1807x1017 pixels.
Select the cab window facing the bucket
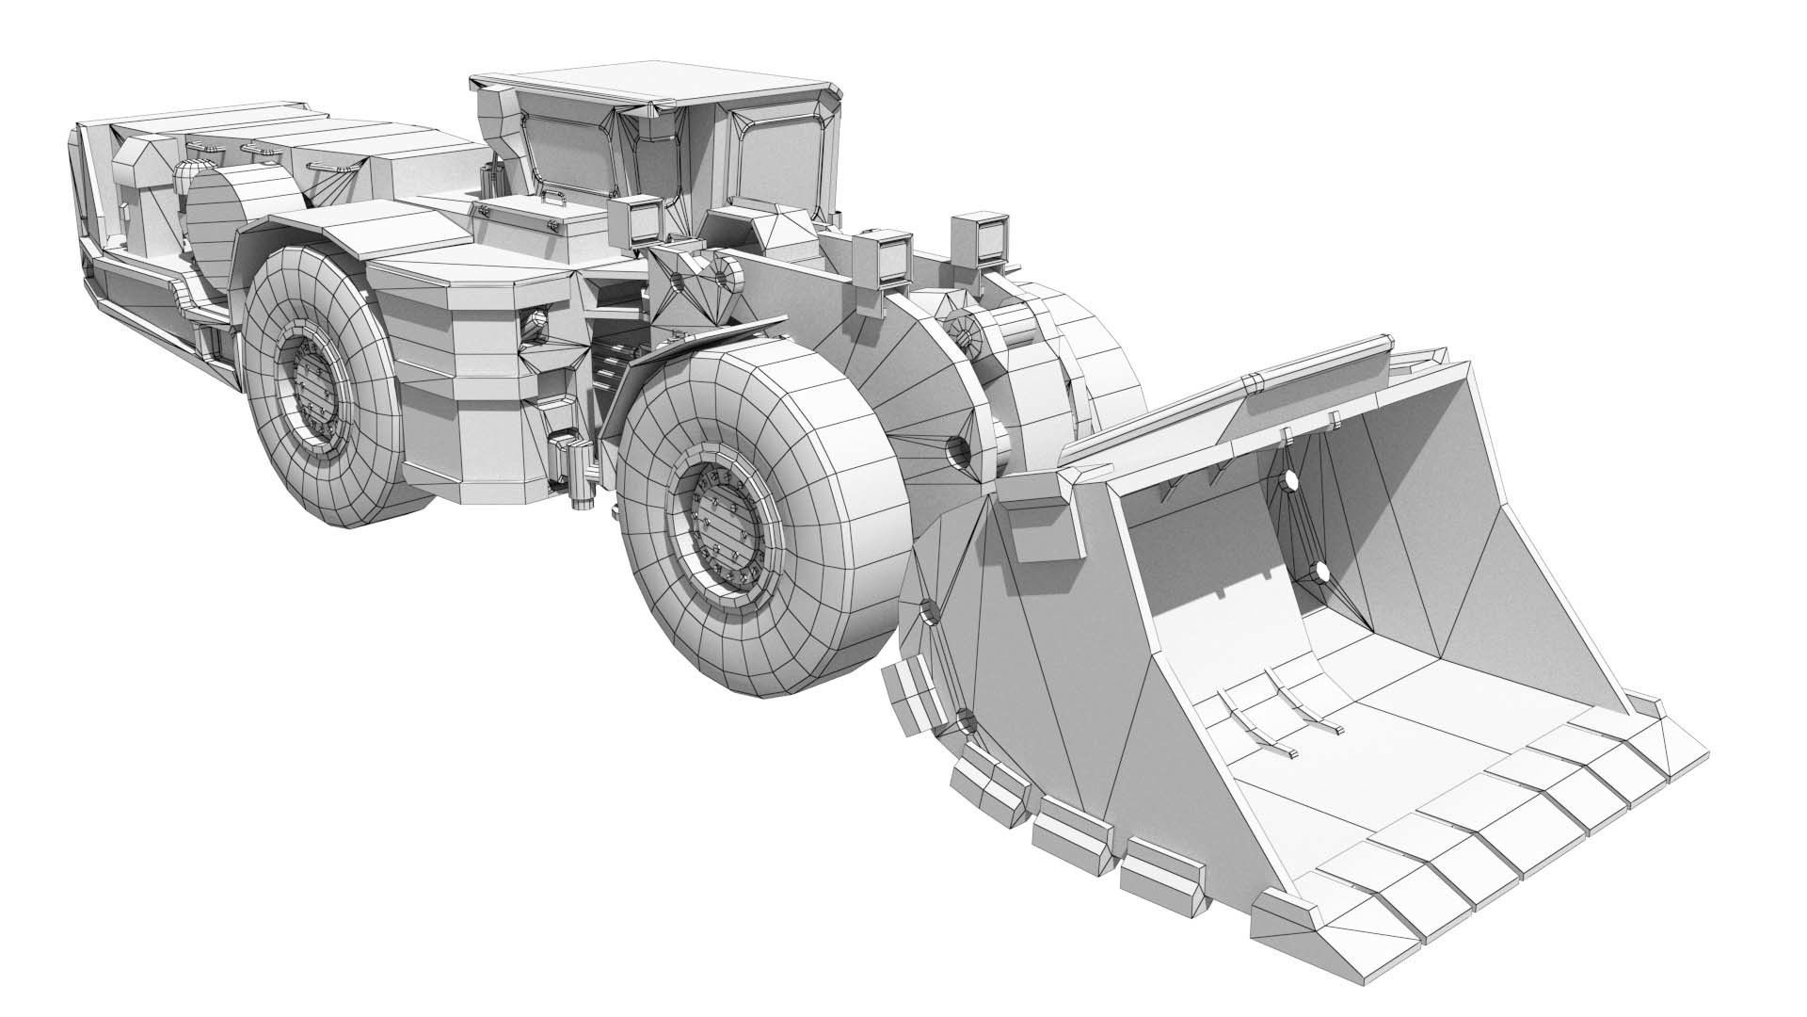click(781, 160)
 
